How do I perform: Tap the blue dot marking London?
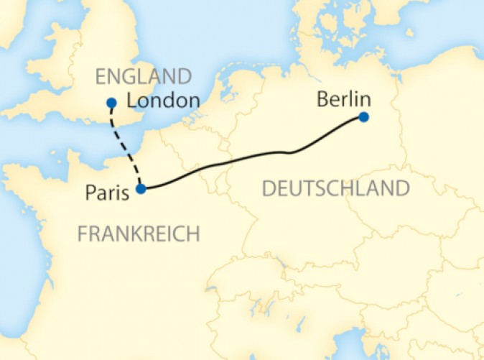coord(111,102)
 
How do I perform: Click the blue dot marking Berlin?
coord(364,117)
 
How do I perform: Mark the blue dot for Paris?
coord(141,189)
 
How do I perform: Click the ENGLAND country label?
coord(144,76)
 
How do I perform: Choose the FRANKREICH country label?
coord(138,234)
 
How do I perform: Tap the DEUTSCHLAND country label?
coord(336,189)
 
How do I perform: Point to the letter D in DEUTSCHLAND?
coord(269,189)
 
